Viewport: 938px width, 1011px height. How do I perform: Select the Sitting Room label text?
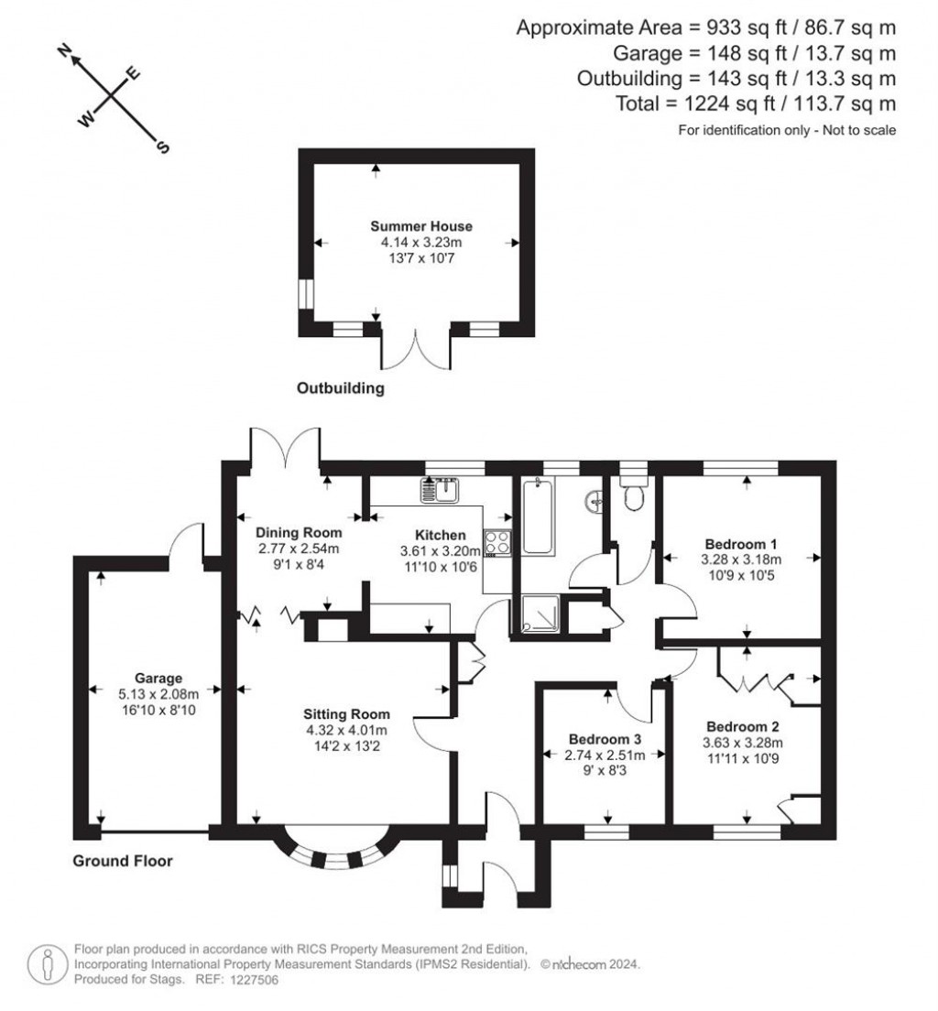[x=347, y=714]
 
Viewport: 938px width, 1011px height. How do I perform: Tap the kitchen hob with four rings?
[x=498, y=542]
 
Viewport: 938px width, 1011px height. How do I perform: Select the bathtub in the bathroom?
[x=538, y=517]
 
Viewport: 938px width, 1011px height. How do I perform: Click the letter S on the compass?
[x=164, y=148]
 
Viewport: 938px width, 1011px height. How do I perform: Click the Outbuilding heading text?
[x=340, y=388]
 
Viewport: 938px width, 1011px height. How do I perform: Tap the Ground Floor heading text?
[x=123, y=861]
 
